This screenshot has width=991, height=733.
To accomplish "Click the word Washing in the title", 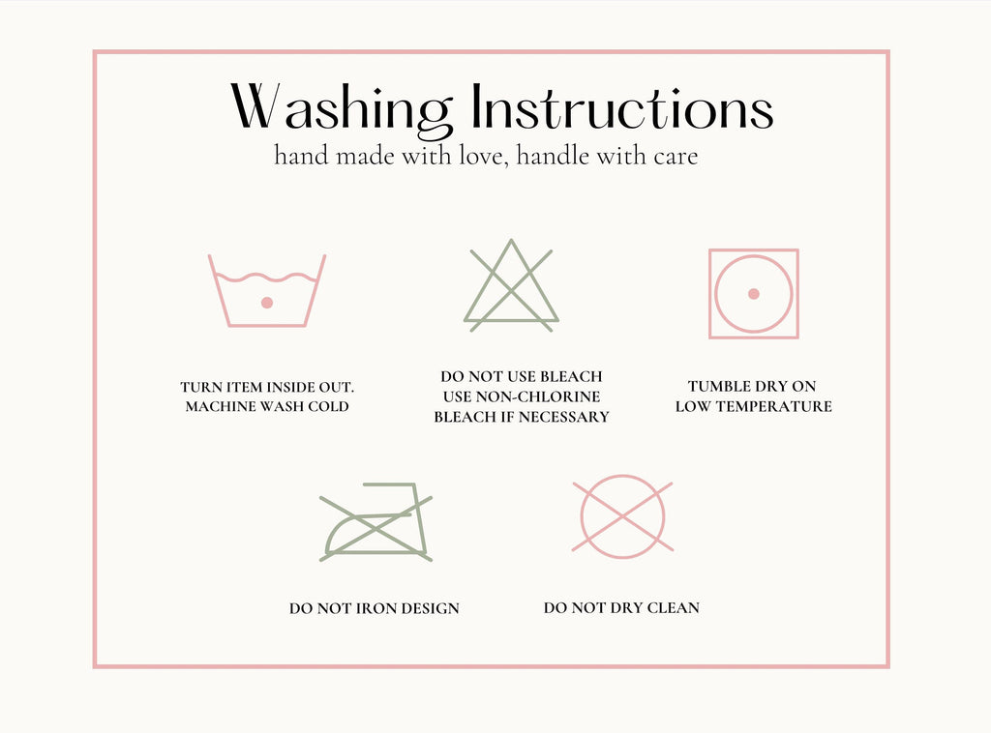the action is click(x=342, y=109).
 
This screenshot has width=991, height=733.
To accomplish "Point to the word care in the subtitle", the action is click(x=676, y=157).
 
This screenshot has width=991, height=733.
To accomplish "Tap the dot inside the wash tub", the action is click(x=267, y=303).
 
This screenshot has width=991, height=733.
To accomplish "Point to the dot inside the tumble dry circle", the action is click(x=753, y=294).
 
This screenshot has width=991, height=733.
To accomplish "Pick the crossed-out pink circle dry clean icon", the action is click(x=622, y=516).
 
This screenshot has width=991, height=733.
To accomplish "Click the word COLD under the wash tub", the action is click(x=329, y=406).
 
